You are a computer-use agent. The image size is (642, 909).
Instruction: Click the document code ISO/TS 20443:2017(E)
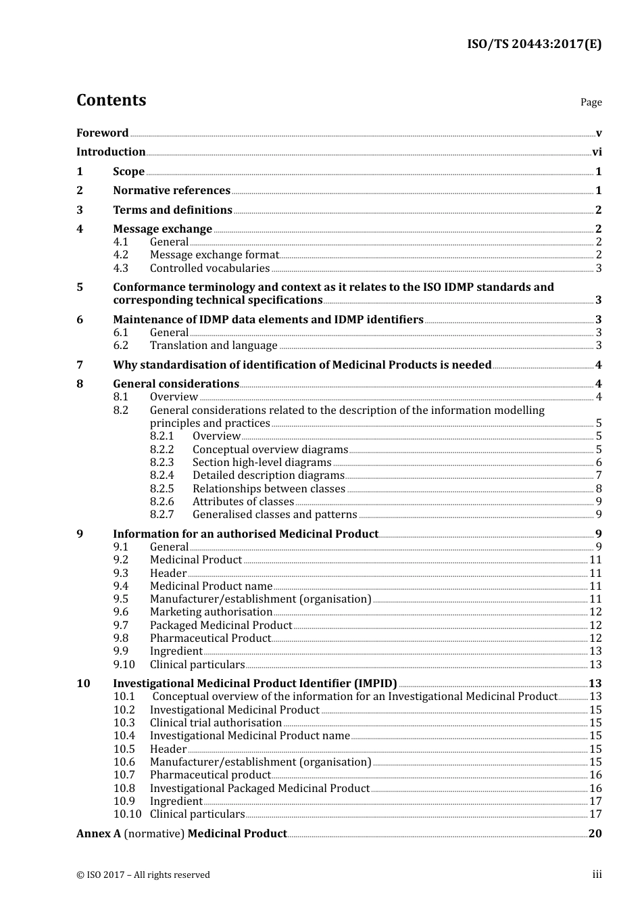click(x=534, y=44)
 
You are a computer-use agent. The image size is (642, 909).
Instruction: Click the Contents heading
click(x=111, y=100)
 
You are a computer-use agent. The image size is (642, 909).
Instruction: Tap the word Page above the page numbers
click(x=591, y=102)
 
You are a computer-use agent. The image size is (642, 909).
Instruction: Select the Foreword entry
click(x=102, y=133)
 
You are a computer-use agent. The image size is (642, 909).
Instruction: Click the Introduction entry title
click(x=111, y=152)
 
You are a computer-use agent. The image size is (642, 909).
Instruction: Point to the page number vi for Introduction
click(x=597, y=152)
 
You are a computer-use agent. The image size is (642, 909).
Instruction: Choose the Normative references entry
click(x=172, y=191)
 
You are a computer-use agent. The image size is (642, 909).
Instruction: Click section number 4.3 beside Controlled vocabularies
click(x=120, y=269)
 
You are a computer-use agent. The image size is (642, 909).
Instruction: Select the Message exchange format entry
click(x=214, y=255)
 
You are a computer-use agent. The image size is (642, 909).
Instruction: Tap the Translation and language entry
click(x=214, y=346)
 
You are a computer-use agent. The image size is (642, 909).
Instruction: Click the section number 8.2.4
click(x=162, y=475)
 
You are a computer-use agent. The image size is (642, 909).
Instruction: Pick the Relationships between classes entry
click(x=268, y=489)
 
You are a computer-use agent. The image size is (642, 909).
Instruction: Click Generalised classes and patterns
click(x=274, y=515)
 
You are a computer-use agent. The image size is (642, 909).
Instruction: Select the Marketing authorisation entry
click(x=211, y=612)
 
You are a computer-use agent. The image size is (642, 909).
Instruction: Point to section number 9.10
click(x=124, y=665)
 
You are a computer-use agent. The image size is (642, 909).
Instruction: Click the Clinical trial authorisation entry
click(x=216, y=723)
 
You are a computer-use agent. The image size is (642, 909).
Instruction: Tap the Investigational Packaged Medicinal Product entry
click(x=260, y=789)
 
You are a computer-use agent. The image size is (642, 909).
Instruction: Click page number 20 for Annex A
click(x=595, y=834)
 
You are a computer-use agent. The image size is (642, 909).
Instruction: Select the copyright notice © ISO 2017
click(x=143, y=875)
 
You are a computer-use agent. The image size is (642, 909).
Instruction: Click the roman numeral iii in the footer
click(x=597, y=875)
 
